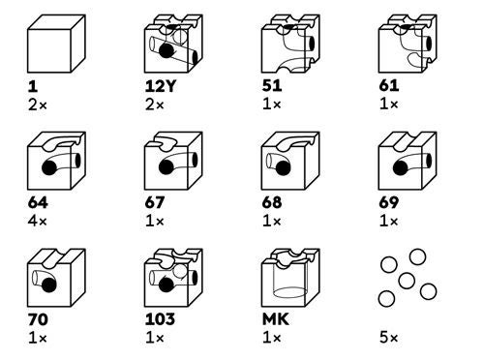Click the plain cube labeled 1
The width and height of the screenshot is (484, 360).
click(x=56, y=44)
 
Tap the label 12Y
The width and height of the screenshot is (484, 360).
click(x=161, y=86)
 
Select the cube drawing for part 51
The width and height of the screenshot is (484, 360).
click(x=290, y=44)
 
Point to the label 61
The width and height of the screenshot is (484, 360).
click(x=389, y=86)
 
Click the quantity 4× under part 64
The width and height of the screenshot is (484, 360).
click(x=38, y=222)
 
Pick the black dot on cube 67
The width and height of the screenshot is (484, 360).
click(x=166, y=167)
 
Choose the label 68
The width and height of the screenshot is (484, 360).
click(x=272, y=202)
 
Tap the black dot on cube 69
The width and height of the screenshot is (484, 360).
click(x=401, y=167)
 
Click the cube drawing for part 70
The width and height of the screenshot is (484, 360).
click(x=56, y=278)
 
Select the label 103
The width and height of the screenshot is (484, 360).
click(x=160, y=319)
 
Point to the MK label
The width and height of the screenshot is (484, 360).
click(x=275, y=319)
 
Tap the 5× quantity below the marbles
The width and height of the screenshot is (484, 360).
click(x=388, y=338)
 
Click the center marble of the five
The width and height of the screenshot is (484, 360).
click(x=407, y=281)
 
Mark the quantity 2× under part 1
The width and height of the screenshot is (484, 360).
click(x=38, y=105)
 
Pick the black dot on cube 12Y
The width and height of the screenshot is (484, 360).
click(x=166, y=50)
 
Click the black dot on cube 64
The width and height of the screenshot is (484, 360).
click(x=49, y=167)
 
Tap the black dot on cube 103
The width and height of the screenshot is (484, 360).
click(x=166, y=285)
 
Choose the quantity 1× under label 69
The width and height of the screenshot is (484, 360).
click(x=388, y=222)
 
